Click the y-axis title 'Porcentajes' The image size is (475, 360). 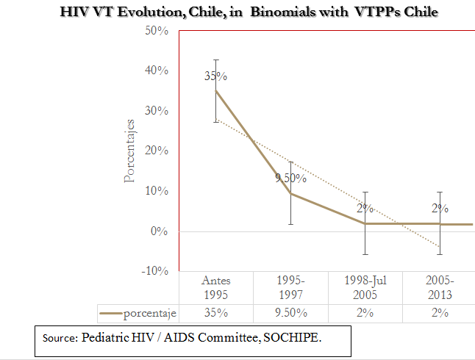pyautogui.click(x=129, y=151)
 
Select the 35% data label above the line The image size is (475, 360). pyautogui.click(x=215, y=76)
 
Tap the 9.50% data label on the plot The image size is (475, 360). pyautogui.click(x=291, y=177)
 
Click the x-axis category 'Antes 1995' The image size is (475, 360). pyautogui.click(x=215, y=287)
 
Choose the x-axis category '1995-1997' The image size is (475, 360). pyautogui.click(x=290, y=287)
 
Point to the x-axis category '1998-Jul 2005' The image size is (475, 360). pyautogui.click(x=365, y=287)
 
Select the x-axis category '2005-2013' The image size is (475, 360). pyautogui.click(x=440, y=287)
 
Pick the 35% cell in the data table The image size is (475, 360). pyautogui.click(x=215, y=313)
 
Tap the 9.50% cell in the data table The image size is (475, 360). pyautogui.click(x=290, y=313)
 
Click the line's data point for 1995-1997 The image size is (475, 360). pyautogui.click(x=290, y=193)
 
